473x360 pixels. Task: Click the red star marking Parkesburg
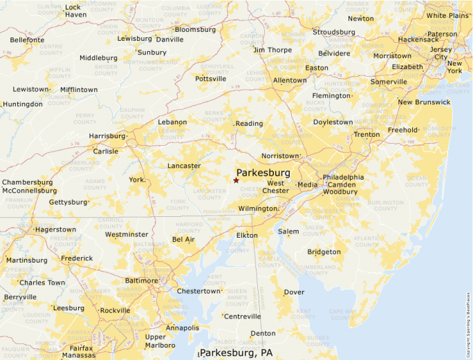[236, 180]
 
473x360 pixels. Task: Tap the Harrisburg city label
[106, 136]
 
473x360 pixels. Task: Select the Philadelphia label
[343, 177]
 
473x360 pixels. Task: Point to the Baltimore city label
[141, 281]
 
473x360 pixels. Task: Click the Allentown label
[290, 80]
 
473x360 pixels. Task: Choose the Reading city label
[250, 124]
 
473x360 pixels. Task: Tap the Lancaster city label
[184, 166]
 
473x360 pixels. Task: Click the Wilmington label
[258, 208]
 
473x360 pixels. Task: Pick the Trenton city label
[367, 135]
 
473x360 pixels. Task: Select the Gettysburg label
[68, 202]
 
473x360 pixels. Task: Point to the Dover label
[294, 292]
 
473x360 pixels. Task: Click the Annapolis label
[183, 328]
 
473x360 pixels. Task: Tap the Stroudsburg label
[333, 32]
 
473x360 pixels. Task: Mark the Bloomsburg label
[196, 30]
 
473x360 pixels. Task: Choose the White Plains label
[446, 15]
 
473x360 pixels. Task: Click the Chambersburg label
[27, 182]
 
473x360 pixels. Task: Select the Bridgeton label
[324, 252]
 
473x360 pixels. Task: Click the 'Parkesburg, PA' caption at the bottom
[236, 353]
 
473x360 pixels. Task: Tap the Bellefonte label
[27, 40]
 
